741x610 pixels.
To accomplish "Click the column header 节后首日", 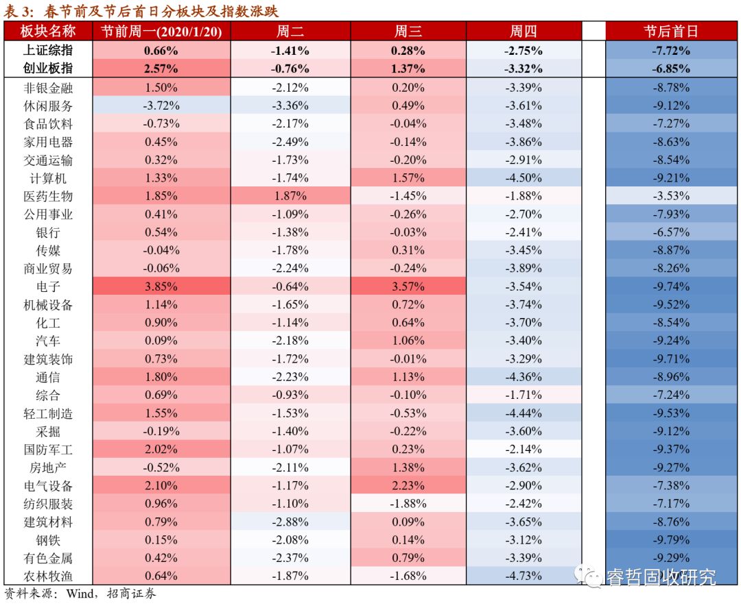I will (x=670, y=32).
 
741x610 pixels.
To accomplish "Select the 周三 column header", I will (x=408, y=32).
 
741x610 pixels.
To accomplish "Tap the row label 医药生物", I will (x=47, y=196).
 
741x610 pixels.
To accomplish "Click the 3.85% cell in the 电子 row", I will (x=161, y=286).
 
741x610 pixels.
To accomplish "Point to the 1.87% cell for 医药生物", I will (x=290, y=196).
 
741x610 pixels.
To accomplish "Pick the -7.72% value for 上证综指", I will (x=670, y=51).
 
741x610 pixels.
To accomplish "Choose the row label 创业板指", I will (x=47, y=69).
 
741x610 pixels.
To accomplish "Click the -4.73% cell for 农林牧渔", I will (x=525, y=576).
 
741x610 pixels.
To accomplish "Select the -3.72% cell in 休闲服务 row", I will (x=161, y=106).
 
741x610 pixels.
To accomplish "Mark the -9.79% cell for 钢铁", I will (x=670, y=539).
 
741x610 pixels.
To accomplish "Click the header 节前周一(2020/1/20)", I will (x=161, y=32).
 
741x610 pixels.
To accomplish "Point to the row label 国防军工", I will (x=47, y=450).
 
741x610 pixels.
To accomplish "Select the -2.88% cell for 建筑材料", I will (x=290, y=522).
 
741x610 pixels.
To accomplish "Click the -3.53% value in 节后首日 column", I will (x=670, y=196).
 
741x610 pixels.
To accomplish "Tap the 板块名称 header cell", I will (x=47, y=32).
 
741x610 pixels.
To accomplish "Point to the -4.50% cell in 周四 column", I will (x=525, y=178).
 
